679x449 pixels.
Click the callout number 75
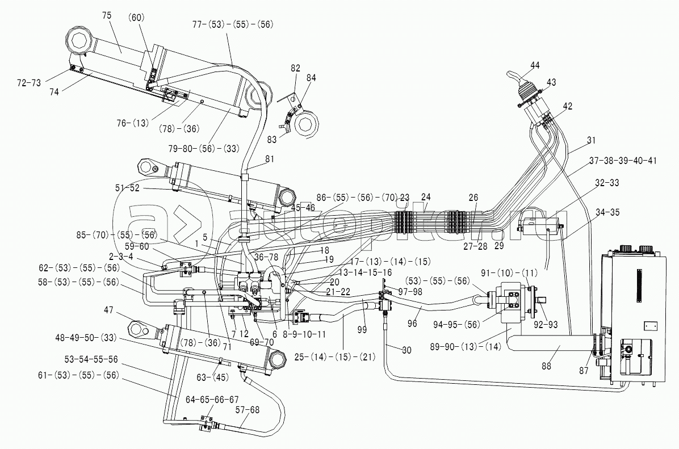click(107, 16)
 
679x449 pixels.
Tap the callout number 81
click(269, 159)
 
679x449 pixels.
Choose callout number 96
click(412, 324)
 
